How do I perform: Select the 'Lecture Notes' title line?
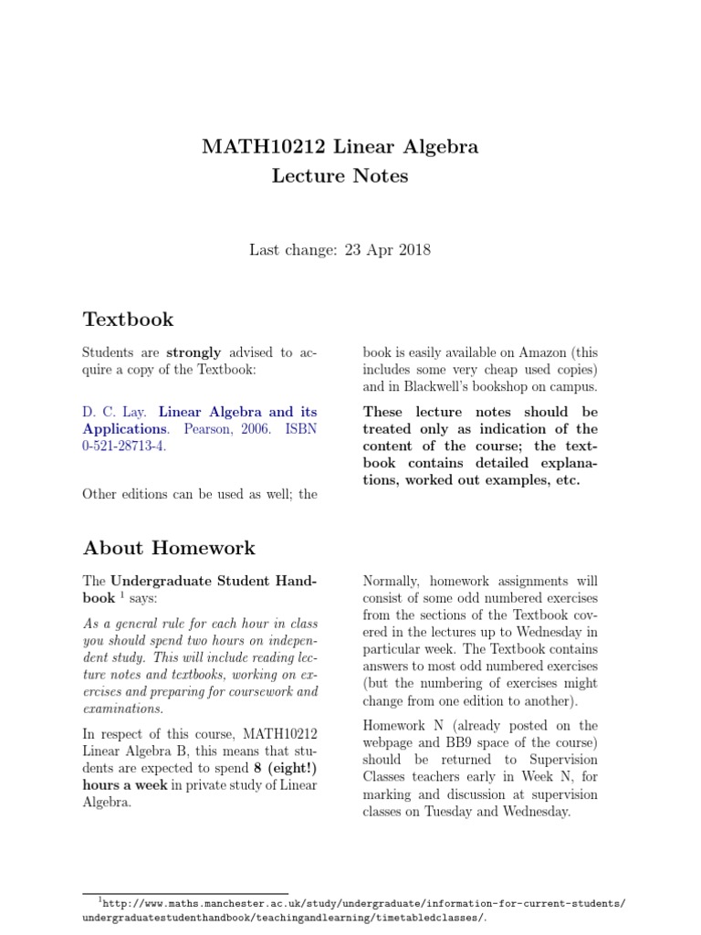[x=340, y=176]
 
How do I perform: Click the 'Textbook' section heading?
[x=128, y=320]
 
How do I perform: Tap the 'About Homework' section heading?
[x=169, y=548]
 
